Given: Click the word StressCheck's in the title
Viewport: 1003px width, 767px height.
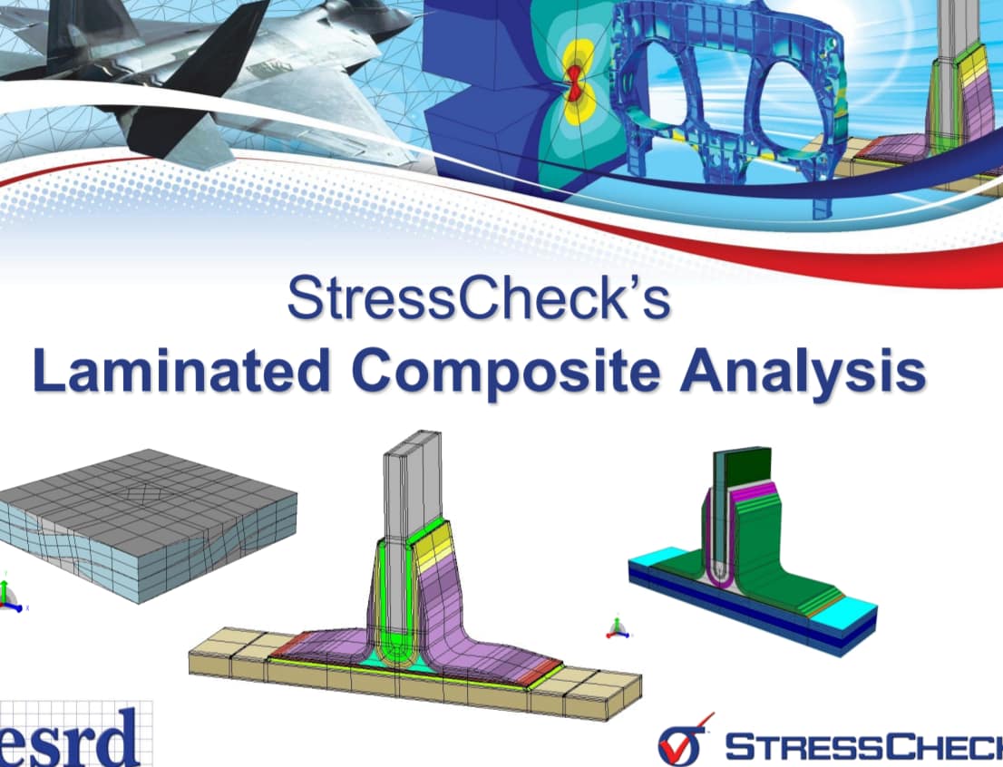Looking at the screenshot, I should (478, 298).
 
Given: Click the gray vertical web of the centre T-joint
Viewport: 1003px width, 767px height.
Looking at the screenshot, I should (406, 490).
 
